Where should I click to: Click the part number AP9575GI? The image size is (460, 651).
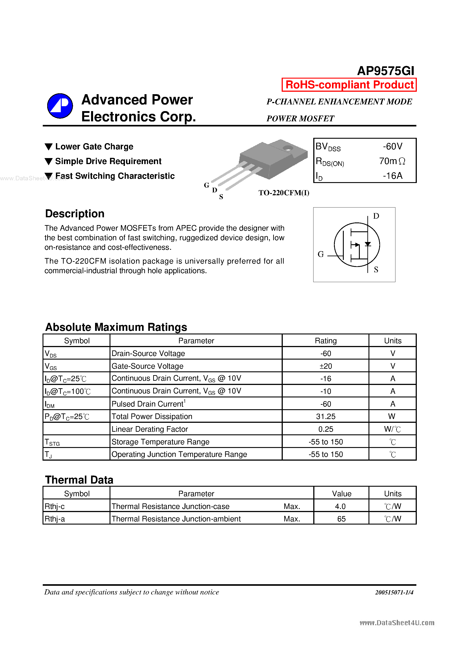click(x=385, y=71)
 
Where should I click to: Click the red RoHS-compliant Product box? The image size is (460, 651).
click(x=349, y=85)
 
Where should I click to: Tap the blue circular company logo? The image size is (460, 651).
click(x=60, y=106)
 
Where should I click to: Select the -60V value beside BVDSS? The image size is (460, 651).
click(x=392, y=146)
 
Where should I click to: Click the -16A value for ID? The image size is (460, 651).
click(x=392, y=176)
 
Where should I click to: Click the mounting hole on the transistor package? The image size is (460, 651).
click(x=288, y=148)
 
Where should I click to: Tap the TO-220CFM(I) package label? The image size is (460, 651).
click(x=284, y=193)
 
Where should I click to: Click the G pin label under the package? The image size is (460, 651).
click(x=206, y=185)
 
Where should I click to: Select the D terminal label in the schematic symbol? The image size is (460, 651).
click(x=376, y=216)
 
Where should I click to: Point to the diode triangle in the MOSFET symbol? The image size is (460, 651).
click(x=368, y=244)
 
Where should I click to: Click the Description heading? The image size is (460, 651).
click(x=75, y=214)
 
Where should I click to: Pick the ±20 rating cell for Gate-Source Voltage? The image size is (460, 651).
click(x=325, y=366)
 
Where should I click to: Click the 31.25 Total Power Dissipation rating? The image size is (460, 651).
click(x=325, y=417)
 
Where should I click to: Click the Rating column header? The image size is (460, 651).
click(x=325, y=341)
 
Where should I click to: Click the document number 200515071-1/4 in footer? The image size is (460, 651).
click(x=394, y=592)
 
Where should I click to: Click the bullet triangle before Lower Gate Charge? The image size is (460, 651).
click(x=49, y=146)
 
